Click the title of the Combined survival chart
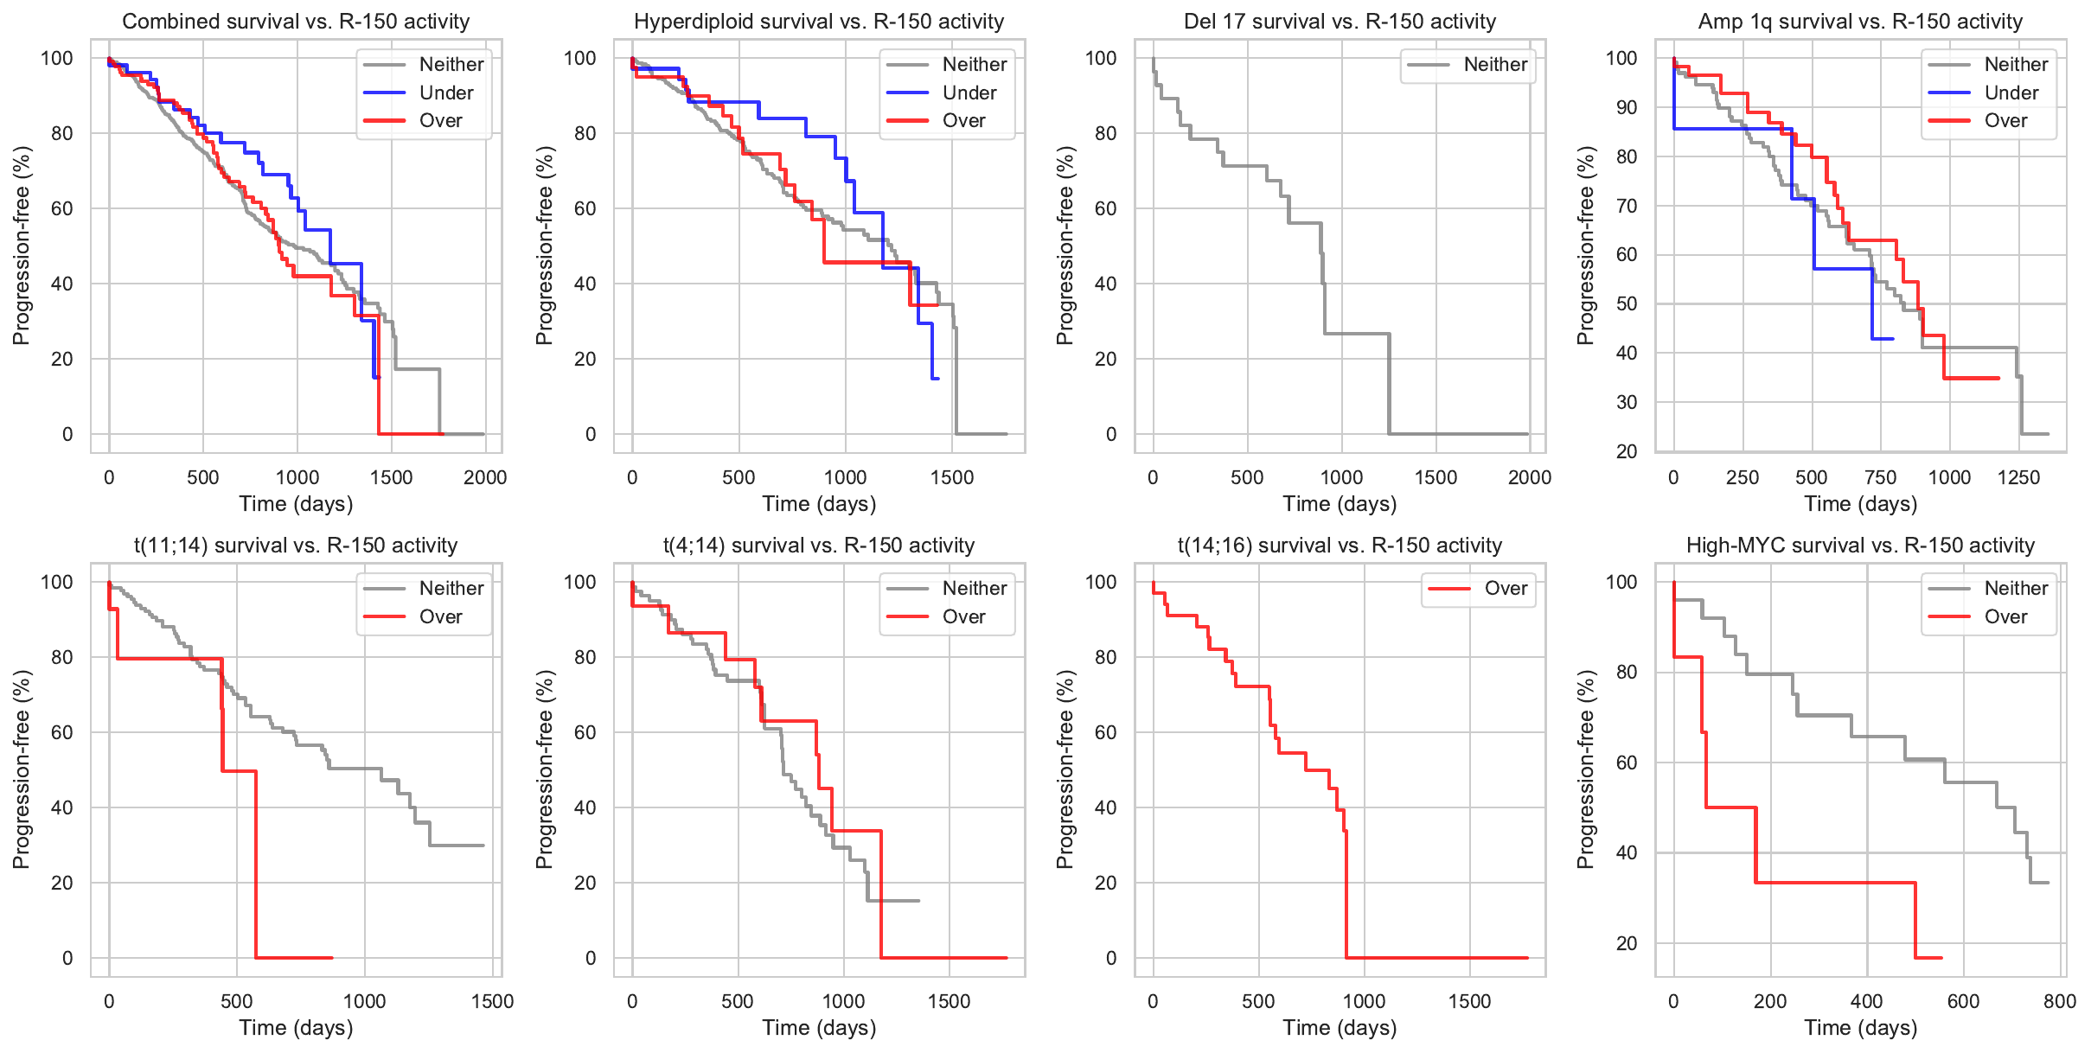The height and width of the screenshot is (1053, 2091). (x=296, y=22)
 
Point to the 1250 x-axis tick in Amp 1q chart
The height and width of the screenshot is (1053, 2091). (x=2018, y=477)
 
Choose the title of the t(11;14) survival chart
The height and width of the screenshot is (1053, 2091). (x=296, y=546)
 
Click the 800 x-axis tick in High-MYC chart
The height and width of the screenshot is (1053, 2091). (x=2060, y=1001)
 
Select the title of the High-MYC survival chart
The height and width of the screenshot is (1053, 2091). (x=1860, y=546)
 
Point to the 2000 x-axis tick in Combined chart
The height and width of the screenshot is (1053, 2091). (x=485, y=477)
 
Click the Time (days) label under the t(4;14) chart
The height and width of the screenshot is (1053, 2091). (x=819, y=1028)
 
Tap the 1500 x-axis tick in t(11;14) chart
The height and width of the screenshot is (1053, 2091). (x=492, y=1001)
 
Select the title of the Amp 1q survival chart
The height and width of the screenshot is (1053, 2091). (x=1860, y=22)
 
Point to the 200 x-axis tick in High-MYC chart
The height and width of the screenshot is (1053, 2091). (x=1770, y=1001)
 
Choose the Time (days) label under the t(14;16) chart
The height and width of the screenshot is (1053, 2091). (x=1340, y=1028)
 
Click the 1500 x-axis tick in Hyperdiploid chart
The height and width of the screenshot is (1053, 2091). (x=952, y=477)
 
